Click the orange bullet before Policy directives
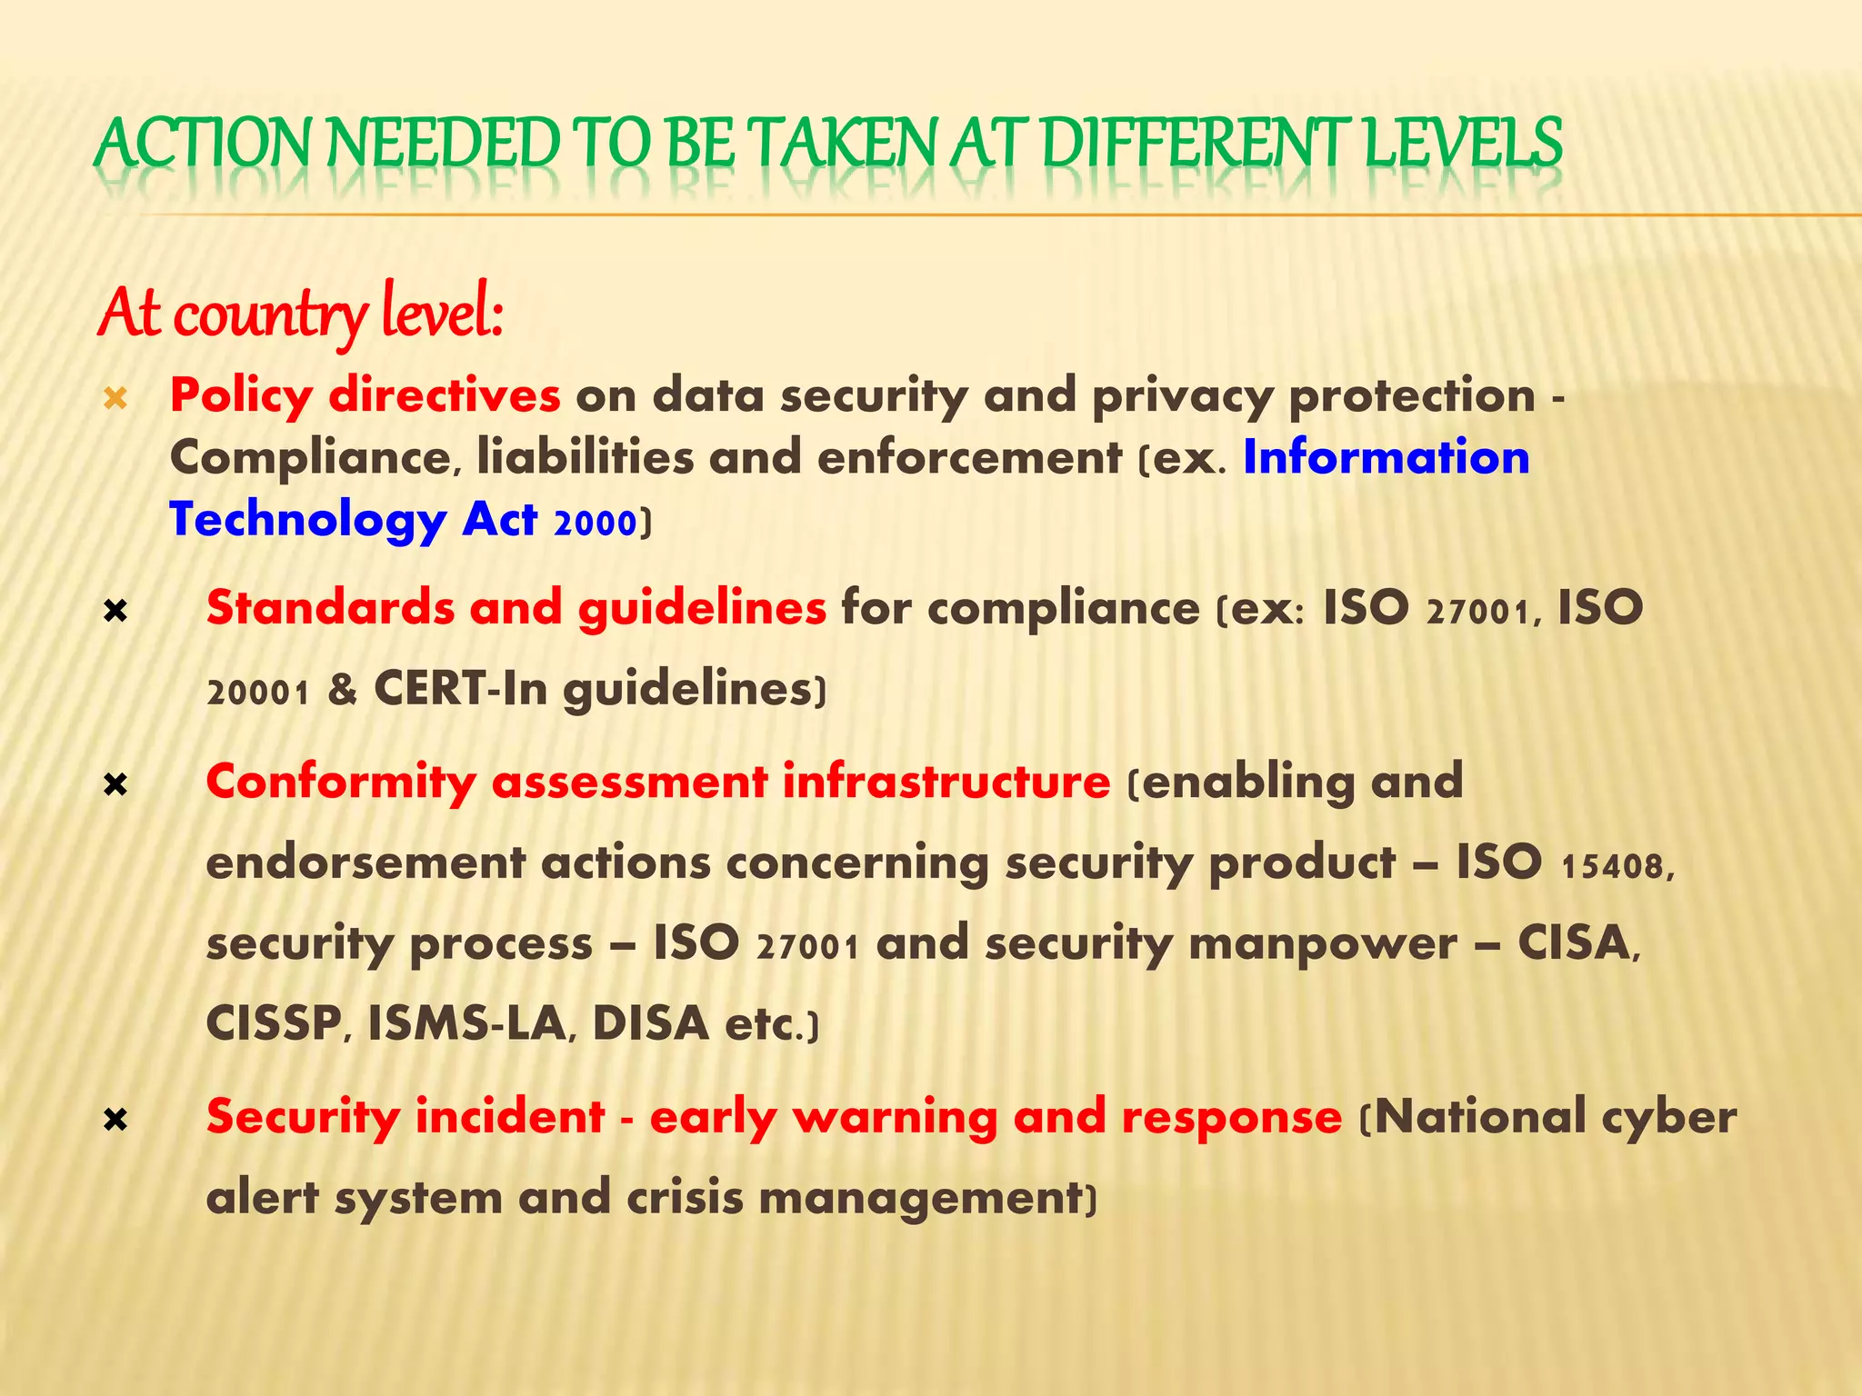(115, 397)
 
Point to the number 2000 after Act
(595, 523)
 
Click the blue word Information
(1386, 456)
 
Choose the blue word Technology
(307, 520)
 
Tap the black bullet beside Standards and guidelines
(115, 612)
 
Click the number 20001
(259, 693)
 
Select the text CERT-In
(461, 689)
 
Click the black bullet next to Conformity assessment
(115, 784)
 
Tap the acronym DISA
(650, 1023)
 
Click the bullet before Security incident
(115, 1121)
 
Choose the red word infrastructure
(946, 782)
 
